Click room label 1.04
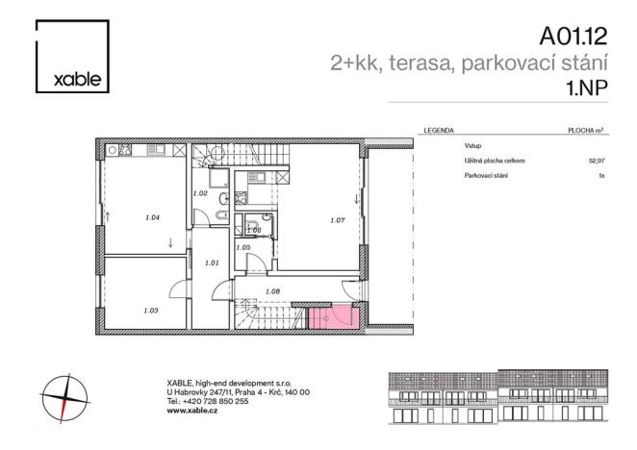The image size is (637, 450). coord(151,217)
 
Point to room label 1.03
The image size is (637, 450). coord(150,311)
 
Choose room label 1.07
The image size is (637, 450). coord(337,221)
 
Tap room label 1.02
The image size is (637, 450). coord(201,193)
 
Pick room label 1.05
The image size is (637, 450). coord(243,248)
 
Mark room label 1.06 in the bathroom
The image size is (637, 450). coord(254,230)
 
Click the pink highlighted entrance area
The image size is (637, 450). coord(333,318)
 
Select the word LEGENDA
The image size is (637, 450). coord(438,130)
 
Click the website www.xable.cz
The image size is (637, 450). coord(190,409)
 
